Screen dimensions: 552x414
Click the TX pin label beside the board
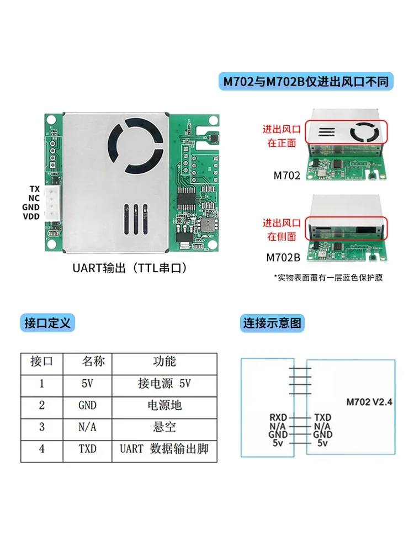click(35, 189)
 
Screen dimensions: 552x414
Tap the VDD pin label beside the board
click(31, 216)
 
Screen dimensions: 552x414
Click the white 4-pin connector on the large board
click(53, 203)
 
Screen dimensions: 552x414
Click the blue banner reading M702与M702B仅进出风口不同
click(305, 82)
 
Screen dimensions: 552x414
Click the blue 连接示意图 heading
click(273, 323)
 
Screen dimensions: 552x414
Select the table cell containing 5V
click(87, 384)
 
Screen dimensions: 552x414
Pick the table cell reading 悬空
click(164, 427)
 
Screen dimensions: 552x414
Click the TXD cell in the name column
click(87, 449)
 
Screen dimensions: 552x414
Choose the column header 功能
click(164, 362)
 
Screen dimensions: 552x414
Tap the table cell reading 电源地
click(164, 406)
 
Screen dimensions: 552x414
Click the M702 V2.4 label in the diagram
click(369, 401)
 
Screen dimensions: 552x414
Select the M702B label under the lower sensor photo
click(283, 257)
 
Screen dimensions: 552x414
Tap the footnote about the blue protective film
click(328, 277)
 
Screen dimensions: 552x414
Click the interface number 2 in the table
click(42, 406)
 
